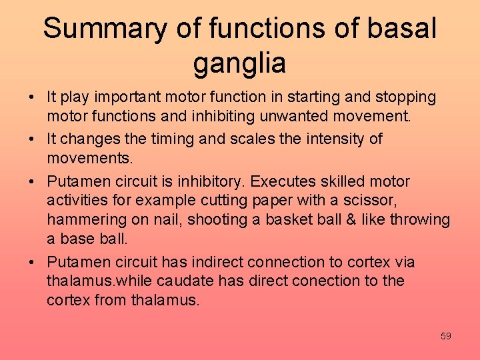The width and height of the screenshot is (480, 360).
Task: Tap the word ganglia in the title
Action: [x=239, y=63]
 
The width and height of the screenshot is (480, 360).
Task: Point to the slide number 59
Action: [x=445, y=336]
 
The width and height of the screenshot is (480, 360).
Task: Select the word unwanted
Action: [x=291, y=116]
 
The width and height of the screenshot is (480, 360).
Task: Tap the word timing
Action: [x=170, y=139]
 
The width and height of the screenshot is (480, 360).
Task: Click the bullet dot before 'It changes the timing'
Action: [x=32, y=139]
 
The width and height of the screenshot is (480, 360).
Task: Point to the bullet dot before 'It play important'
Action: [x=32, y=98]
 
